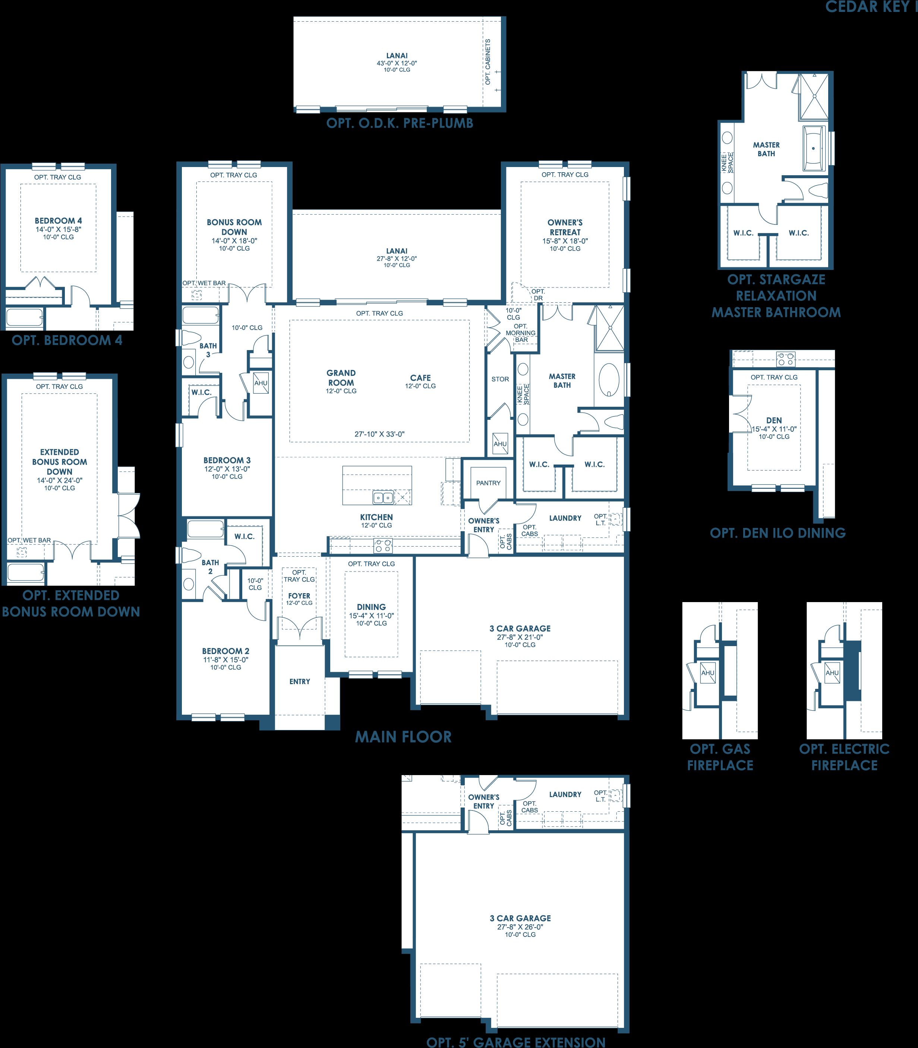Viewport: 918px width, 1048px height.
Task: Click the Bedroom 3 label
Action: click(227, 460)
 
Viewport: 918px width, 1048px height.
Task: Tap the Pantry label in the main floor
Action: click(488, 483)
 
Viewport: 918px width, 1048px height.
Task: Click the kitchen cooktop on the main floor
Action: click(383, 546)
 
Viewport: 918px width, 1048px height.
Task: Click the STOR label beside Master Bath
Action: click(500, 379)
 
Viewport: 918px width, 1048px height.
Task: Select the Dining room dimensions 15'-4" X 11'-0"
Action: click(371, 616)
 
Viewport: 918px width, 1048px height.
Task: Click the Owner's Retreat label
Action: click(565, 227)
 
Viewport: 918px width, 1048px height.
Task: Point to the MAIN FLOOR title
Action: click(404, 737)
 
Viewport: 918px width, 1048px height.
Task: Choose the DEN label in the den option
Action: click(774, 420)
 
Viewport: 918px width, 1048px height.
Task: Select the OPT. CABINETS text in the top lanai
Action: click(488, 62)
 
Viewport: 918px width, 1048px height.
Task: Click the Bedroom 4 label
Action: click(59, 221)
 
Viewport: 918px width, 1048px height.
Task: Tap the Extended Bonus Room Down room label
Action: click(59, 462)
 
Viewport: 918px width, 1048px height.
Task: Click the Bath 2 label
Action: click(210, 567)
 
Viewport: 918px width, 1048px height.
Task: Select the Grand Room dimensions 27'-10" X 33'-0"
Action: click(379, 434)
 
